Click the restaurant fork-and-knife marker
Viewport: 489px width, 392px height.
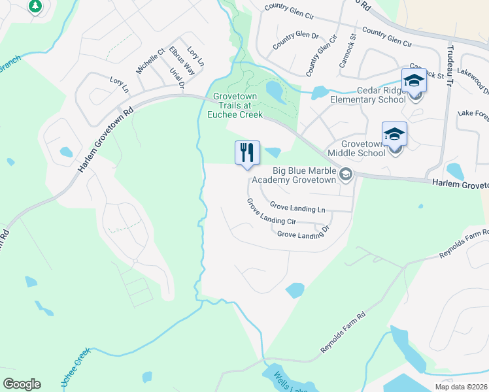(x=248, y=153)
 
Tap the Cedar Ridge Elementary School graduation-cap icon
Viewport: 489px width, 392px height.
(x=414, y=81)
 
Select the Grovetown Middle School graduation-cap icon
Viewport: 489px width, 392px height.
(x=394, y=135)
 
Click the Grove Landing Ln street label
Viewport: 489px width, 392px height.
(x=297, y=208)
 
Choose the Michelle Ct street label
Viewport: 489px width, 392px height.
(x=150, y=59)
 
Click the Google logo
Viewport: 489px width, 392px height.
(x=22, y=384)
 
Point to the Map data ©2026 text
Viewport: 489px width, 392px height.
(x=461, y=387)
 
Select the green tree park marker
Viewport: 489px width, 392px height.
(x=35, y=7)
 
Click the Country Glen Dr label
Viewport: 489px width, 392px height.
(x=295, y=41)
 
